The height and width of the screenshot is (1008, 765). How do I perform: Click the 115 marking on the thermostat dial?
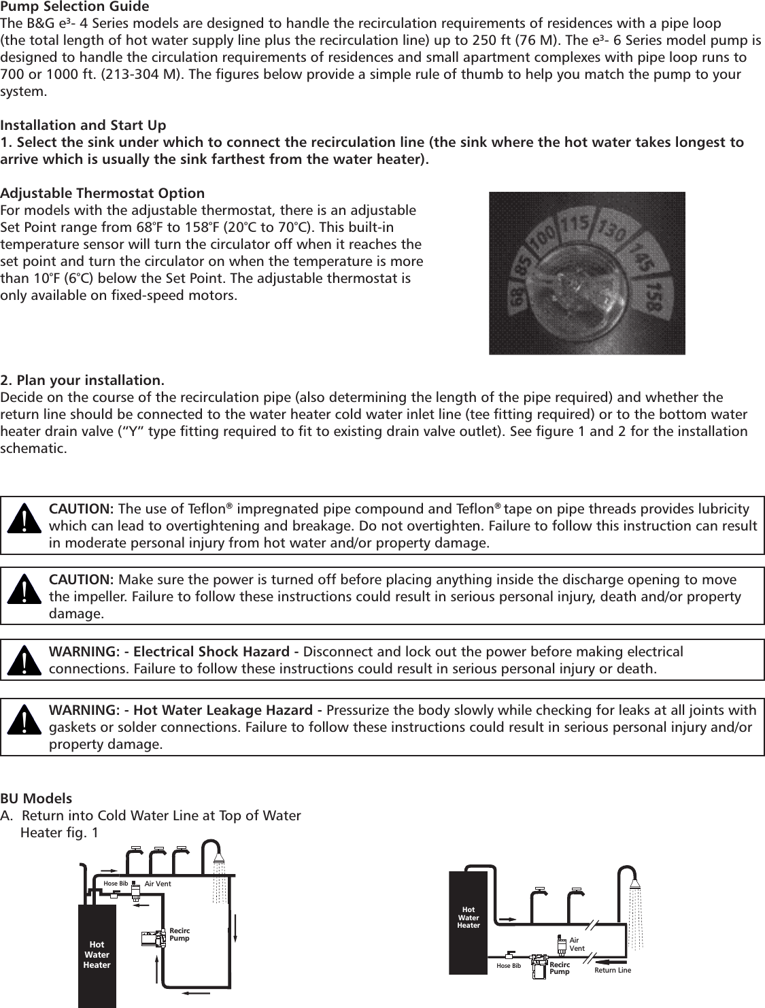tap(575, 225)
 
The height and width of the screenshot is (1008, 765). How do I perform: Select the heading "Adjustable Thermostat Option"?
tap(103, 193)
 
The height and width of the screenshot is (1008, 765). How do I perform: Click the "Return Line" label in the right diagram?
tap(613, 970)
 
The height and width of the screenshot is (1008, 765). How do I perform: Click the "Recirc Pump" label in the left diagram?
tap(180, 935)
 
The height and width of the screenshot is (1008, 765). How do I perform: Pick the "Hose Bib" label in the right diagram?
tap(509, 966)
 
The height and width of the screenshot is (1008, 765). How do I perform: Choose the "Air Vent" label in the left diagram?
tap(158, 884)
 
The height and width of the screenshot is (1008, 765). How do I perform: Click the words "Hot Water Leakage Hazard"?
tap(231, 711)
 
